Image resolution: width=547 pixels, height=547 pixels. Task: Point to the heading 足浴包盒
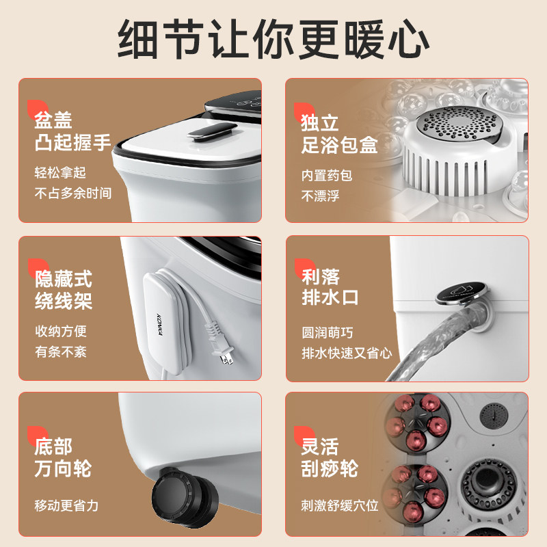point(339,144)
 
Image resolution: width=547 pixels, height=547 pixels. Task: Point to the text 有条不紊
point(61,352)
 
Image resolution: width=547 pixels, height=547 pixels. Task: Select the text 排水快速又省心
point(347,353)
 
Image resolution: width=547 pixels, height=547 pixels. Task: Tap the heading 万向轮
point(63,468)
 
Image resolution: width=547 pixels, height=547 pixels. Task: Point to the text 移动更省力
point(67,506)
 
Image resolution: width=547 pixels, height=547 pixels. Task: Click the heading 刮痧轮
point(330,468)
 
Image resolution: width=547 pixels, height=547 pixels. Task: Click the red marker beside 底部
point(31,435)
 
